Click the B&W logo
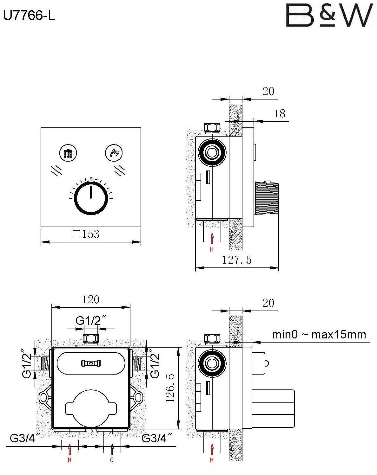[x=329, y=15]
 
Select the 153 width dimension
[x=86, y=234]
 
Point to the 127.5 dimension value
[x=236, y=260]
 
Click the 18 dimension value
[x=280, y=113]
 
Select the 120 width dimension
[x=91, y=299]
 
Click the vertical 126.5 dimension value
[x=171, y=388]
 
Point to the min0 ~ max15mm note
[x=319, y=335]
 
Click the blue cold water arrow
[x=112, y=449]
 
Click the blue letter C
[x=112, y=460]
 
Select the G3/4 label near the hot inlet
[x=25, y=438]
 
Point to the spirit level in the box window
[x=91, y=363]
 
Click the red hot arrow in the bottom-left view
[x=70, y=449]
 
